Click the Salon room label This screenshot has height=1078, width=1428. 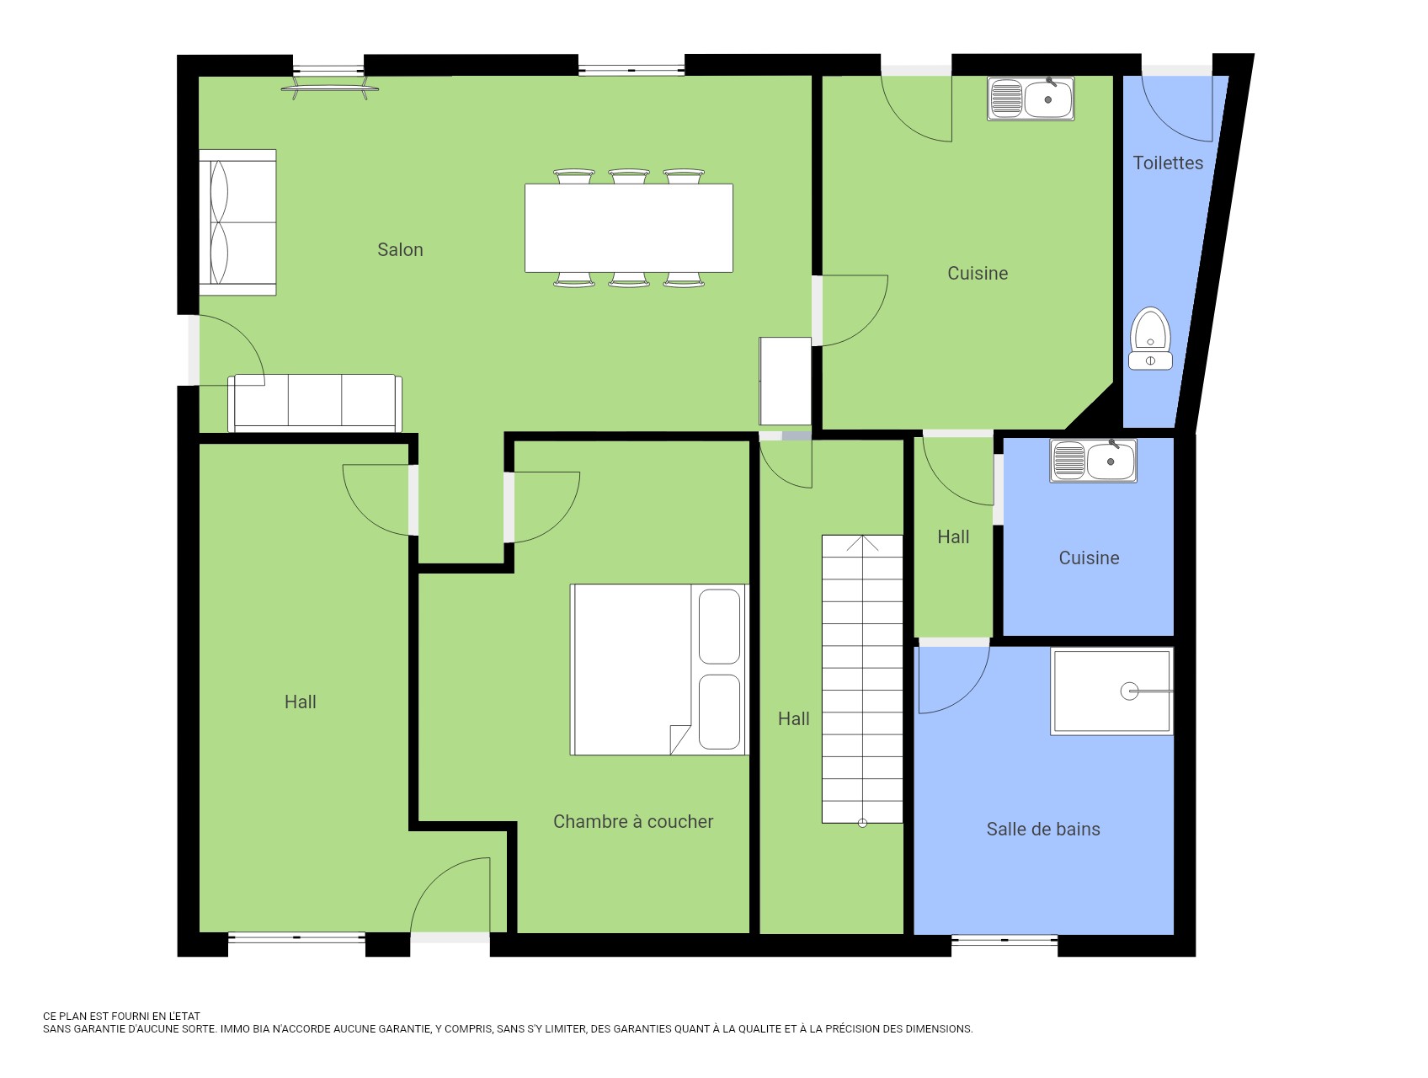(400, 249)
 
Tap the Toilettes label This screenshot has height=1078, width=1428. (1168, 163)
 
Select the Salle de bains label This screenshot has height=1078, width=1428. (1043, 829)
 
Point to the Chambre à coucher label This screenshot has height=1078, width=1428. (633, 821)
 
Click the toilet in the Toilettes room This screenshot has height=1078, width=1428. (1150, 339)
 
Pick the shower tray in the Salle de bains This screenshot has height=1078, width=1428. (1111, 691)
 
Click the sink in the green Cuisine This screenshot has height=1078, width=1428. (1031, 99)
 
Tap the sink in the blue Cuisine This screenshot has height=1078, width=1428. (1093, 461)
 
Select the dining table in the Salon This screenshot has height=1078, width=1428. (629, 227)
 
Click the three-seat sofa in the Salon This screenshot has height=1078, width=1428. (315, 403)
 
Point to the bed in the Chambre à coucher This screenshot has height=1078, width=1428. (659, 670)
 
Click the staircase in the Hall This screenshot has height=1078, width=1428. (862, 679)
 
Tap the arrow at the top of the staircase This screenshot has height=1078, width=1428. (862, 543)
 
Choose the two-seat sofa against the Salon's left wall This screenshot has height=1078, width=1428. (237, 222)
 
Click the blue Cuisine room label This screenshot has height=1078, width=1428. (1089, 558)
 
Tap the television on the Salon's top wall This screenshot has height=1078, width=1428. (329, 88)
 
